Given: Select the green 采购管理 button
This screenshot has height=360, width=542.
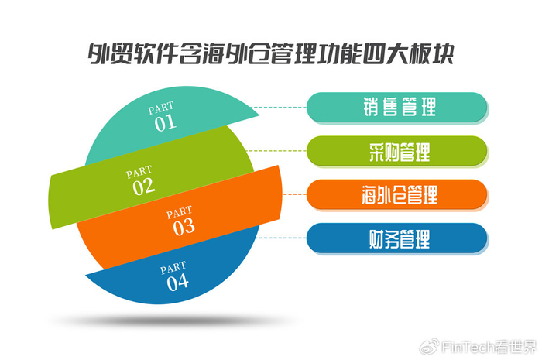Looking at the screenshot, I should (398, 151).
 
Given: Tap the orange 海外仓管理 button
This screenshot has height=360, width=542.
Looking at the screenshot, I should (398, 194).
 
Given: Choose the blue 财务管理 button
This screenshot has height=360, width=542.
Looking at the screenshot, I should (398, 238).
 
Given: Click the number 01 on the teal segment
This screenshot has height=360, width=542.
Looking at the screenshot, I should (165, 122).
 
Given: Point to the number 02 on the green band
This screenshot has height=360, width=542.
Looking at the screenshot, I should (143, 186).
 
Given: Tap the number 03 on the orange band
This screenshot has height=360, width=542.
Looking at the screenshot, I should (184, 227).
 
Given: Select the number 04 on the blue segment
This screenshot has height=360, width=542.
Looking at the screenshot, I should (177, 282).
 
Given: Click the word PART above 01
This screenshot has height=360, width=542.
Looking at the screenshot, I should (162, 108).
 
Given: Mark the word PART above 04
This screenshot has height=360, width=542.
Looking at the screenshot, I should (173, 268).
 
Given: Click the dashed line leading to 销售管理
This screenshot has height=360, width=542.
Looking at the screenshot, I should (283, 108).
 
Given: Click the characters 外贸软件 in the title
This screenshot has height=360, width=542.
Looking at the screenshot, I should (125, 56).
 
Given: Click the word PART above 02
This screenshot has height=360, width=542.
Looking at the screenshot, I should (140, 172).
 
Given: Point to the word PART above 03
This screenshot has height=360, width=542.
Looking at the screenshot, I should (180, 211).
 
